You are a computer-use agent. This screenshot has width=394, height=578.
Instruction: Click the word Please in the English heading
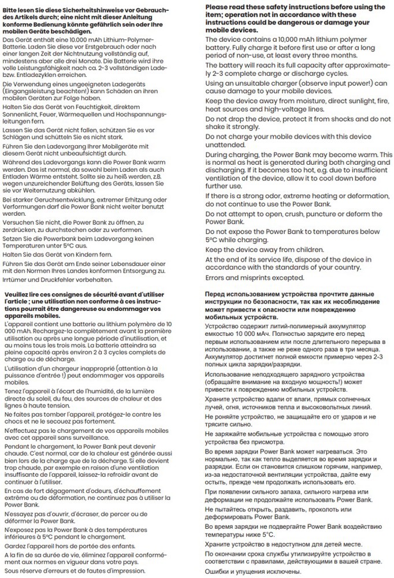click(x=217, y=7)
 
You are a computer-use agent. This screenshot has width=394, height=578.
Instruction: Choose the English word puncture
click(x=305, y=214)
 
